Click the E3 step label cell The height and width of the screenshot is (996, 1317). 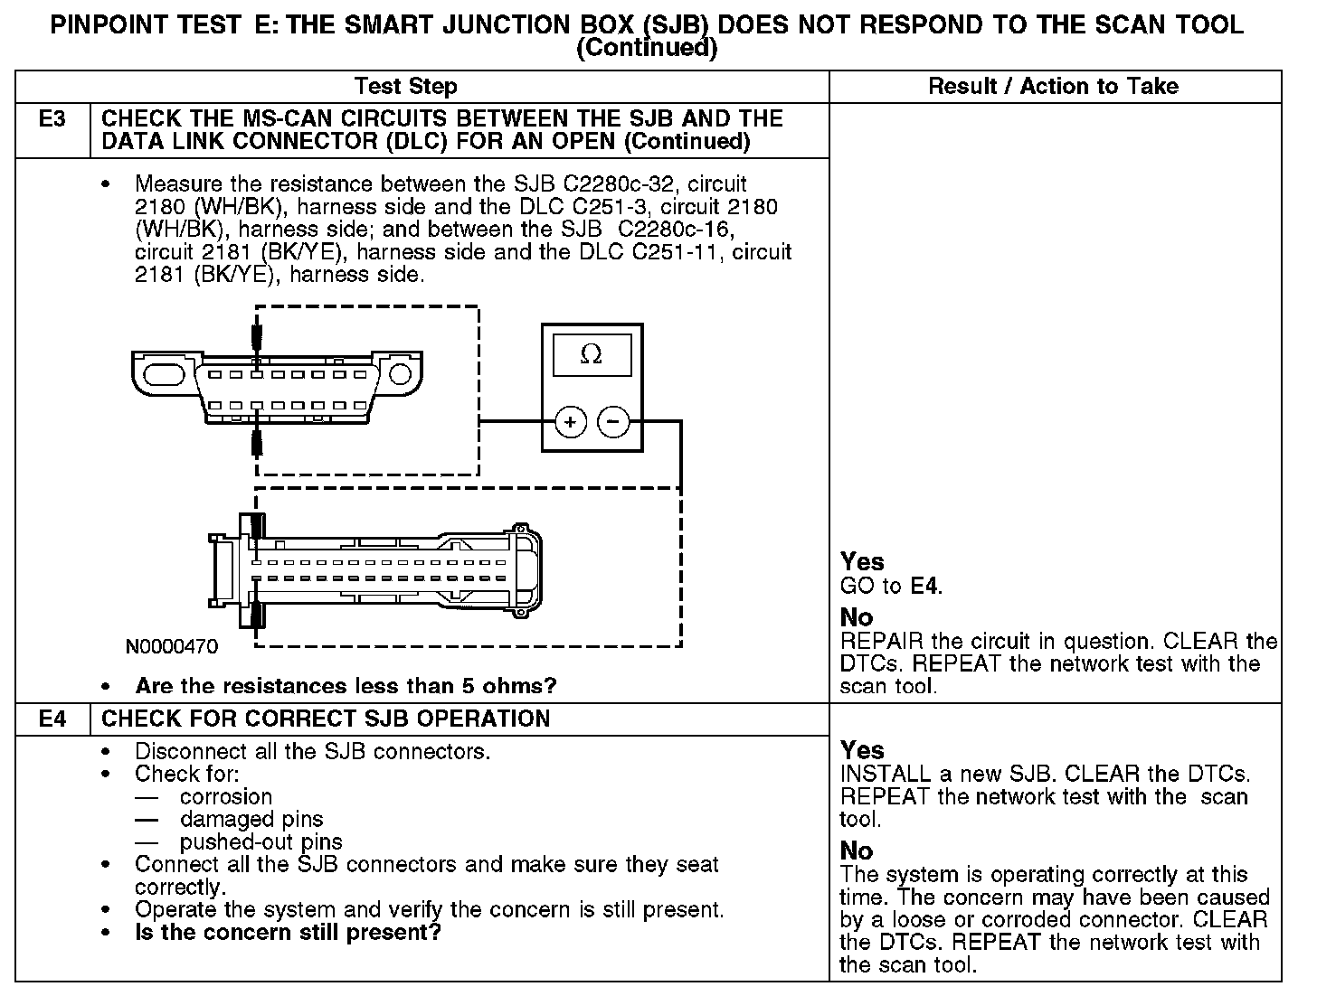52,119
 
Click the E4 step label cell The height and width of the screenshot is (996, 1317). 52,719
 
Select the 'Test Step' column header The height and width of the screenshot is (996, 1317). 405,87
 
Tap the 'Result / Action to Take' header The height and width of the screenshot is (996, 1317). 1054,87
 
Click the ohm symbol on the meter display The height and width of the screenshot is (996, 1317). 591,355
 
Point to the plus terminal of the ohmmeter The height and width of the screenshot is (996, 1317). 570,421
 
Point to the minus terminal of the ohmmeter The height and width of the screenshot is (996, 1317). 614,421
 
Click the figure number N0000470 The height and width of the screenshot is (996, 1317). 172,647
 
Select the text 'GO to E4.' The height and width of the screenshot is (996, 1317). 891,587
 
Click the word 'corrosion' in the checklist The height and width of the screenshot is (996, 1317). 226,797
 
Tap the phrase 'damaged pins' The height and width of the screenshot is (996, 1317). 251,820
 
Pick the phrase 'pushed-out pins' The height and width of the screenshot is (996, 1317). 261,842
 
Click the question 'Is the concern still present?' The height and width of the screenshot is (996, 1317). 288,932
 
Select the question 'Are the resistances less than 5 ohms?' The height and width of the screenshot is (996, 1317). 346,686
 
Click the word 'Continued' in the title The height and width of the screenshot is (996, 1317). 647,48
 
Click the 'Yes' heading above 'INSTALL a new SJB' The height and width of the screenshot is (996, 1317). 862,750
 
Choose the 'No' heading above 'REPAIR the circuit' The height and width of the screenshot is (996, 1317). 857,618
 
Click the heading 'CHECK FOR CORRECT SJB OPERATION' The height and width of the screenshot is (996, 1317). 326,719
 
